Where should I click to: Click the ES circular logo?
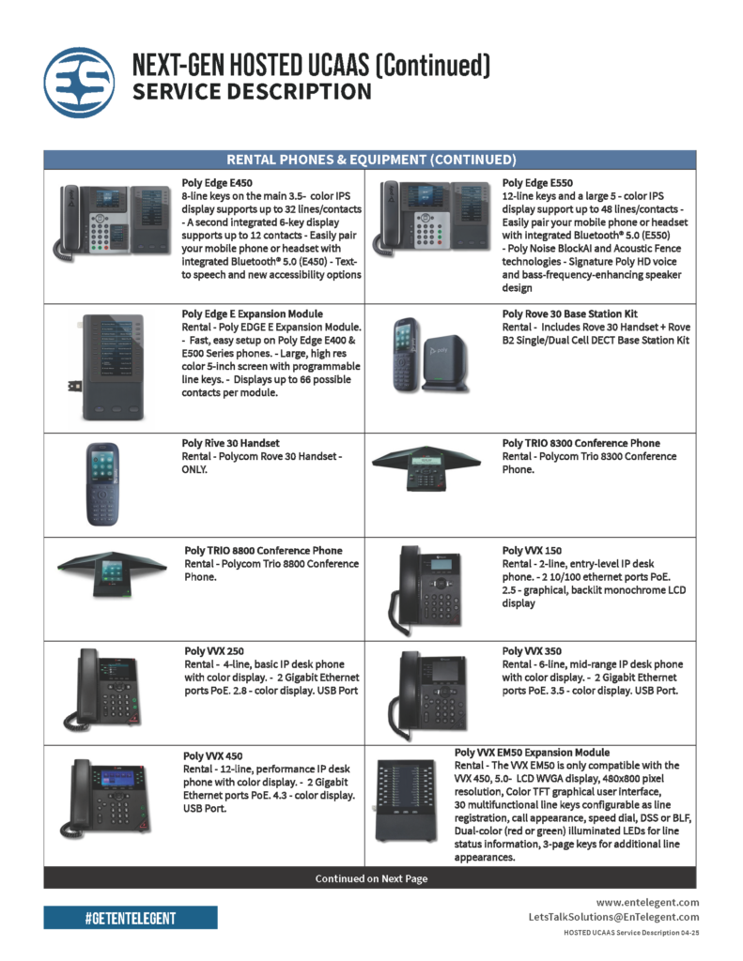[x=79, y=83]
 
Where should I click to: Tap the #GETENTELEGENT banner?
[x=130, y=918]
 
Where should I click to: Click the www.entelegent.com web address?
[x=647, y=902]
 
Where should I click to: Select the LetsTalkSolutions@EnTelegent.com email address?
[x=613, y=917]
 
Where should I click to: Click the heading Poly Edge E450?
[x=217, y=183]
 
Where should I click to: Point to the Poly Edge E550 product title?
[x=537, y=183]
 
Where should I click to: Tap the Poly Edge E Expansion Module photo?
[x=109, y=367]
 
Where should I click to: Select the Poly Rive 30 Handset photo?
[x=102, y=484]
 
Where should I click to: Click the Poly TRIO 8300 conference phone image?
[x=426, y=466]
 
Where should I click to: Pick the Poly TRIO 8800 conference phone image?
[x=112, y=574]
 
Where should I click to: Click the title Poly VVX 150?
[x=532, y=550]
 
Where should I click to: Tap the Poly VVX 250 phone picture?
[x=101, y=690]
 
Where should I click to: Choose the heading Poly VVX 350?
[x=532, y=651]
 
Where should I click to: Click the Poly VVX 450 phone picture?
[x=105, y=798]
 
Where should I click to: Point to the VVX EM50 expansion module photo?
[x=405, y=800]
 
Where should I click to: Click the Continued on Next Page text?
[x=371, y=878]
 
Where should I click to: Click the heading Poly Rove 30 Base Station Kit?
[x=570, y=313]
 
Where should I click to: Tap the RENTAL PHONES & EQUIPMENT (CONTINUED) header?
[x=371, y=160]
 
